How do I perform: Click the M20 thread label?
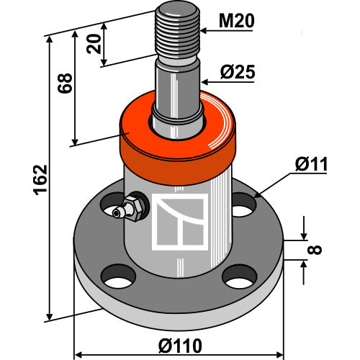[x=236, y=21]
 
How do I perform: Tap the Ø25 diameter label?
[x=238, y=72]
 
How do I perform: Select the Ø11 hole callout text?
[x=311, y=164]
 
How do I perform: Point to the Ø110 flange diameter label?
[x=180, y=346]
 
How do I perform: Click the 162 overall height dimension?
[x=40, y=179]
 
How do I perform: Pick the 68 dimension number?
[x=65, y=83]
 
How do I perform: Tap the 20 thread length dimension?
[x=94, y=44]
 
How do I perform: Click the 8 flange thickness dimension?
[x=315, y=250]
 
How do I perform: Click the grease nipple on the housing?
[x=128, y=207]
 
